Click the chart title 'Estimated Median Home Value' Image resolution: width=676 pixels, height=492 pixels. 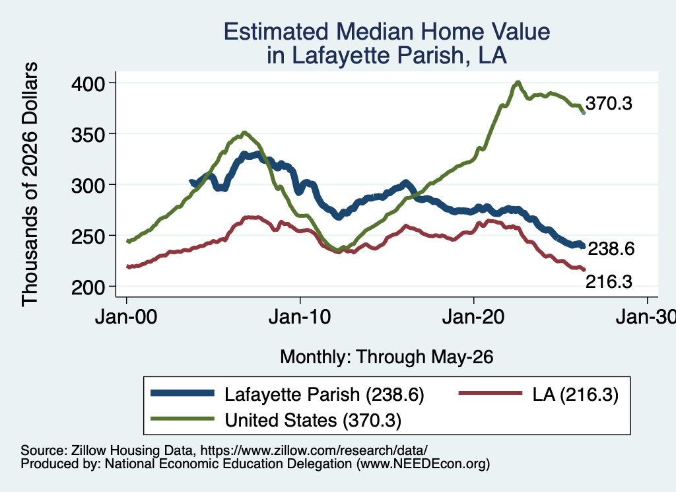tap(387, 32)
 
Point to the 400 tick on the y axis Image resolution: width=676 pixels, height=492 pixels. tap(88, 84)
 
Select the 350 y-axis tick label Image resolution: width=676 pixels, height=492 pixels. tap(88, 135)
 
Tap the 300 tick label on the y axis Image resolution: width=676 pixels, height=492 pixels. tap(88, 186)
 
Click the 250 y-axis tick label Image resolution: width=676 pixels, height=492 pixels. tap(88, 236)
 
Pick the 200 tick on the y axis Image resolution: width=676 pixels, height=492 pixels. tap(88, 288)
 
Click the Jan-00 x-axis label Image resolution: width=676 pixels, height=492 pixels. tap(126, 318)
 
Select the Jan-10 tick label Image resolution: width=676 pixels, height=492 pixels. tap(300, 318)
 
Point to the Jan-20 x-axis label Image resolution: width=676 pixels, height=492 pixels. tap(473, 318)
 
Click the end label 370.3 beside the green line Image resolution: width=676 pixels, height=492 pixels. tap(609, 104)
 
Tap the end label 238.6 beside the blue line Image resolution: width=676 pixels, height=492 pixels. tap(611, 249)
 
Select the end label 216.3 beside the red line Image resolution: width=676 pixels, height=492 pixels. tap(609, 281)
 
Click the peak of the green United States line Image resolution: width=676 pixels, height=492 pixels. tap(518, 83)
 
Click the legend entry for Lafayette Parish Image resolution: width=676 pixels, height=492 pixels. tap(288, 394)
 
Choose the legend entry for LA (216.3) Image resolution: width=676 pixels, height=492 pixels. tap(539, 394)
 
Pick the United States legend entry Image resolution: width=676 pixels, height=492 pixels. tap(276, 420)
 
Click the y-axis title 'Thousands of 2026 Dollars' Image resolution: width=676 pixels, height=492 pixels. tap(30, 184)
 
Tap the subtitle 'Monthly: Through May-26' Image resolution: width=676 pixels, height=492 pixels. tap(387, 357)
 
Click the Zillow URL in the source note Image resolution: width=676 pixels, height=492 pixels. tap(314, 450)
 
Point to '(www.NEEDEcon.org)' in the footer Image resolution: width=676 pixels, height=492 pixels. tap(423, 464)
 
